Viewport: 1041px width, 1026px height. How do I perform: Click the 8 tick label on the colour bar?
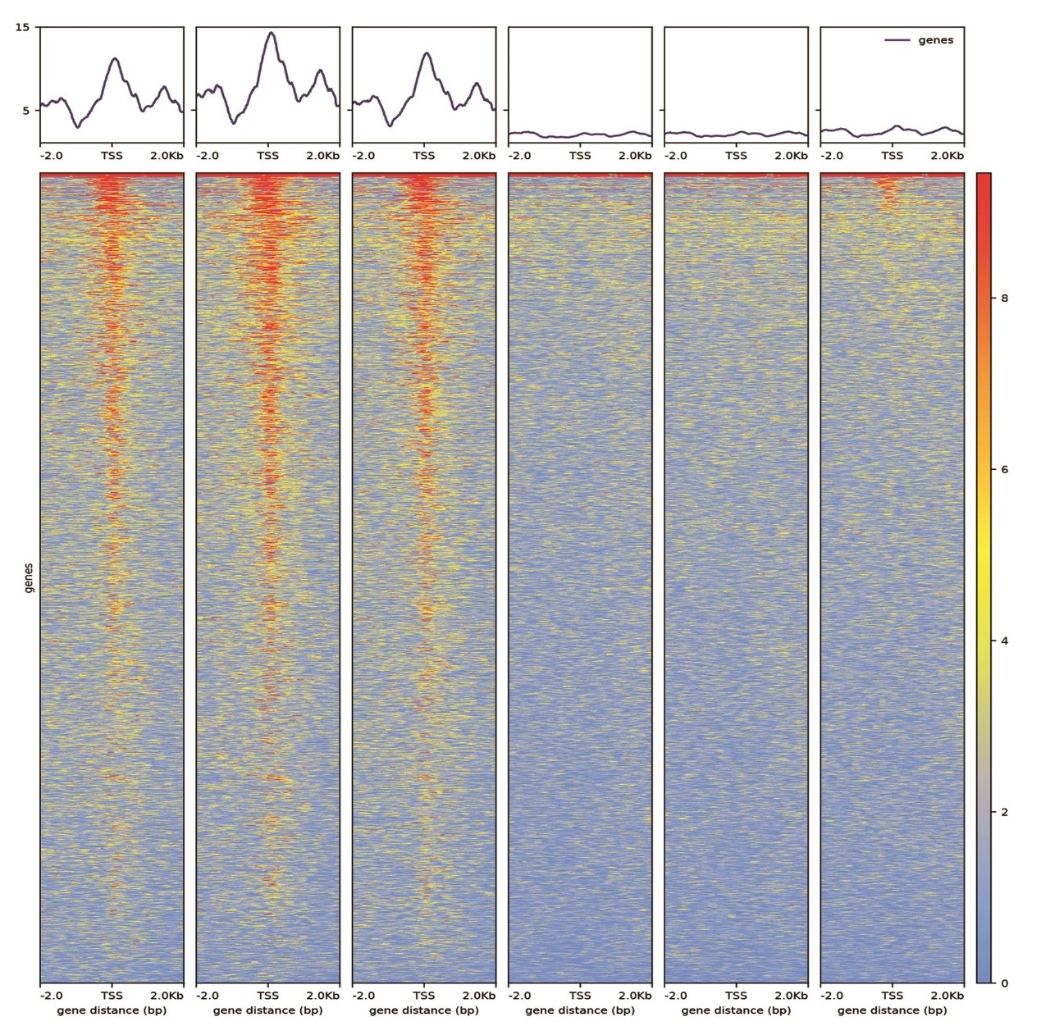pyautogui.click(x=1005, y=299)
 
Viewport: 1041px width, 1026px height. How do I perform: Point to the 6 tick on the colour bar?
pyautogui.click(x=1005, y=470)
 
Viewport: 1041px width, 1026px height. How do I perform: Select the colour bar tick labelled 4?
pyautogui.click(x=1005, y=641)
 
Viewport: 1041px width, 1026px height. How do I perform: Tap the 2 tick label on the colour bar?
pyautogui.click(x=1005, y=813)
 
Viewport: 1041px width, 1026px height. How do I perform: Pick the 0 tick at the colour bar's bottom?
pyautogui.click(x=1005, y=983)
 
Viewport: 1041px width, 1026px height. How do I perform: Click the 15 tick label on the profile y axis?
pyautogui.click(x=22, y=28)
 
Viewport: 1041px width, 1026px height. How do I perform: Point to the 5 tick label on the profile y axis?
pyautogui.click(x=25, y=111)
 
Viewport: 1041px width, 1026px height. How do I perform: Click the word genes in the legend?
pyautogui.click(x=936, y=40)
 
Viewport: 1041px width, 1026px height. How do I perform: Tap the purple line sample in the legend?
pyautogui.click(x=897, y=40)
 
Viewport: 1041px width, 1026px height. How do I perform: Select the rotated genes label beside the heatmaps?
pyautogui.click(x=29, y=577)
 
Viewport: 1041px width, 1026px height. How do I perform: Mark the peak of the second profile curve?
pyautogui.click(x=270, y=33)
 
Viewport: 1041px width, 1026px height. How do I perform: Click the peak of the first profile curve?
pyautogui.click(x=115, y=58)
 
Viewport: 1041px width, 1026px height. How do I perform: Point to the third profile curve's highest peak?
pyautogui.click(x=427, y=53)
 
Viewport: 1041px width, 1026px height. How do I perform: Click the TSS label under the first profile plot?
pyautogui.click(x=112, y=156)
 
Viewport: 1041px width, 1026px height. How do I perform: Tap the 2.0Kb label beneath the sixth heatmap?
pyautogui.click(x=947, y=996)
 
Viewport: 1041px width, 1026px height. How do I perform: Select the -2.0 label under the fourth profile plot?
pyautogui.click(x=519, y=156)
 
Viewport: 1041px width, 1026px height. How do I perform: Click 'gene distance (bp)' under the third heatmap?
pyautogui.click(x=424, y=1010)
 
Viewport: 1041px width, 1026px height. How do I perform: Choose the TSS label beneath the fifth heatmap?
pyautogui.click(x=736, y=996)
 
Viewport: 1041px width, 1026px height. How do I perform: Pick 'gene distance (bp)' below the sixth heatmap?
pyautogui.click(x=892, y=1010)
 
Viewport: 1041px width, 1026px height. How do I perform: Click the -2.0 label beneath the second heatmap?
pyautogui.click(x=207, y=996)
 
